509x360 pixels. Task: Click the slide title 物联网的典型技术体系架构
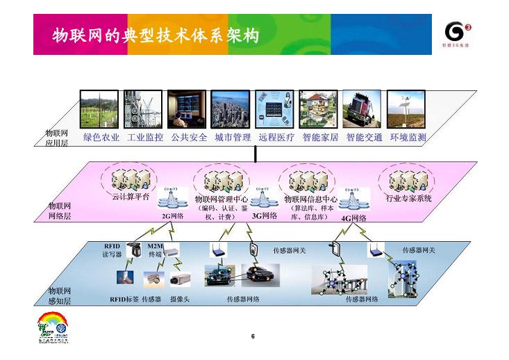pos(156,35)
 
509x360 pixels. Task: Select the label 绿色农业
pos(101,138)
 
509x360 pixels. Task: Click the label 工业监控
pos(145,138)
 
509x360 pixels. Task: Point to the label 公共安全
pos(189,138)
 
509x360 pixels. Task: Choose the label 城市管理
pos(233,138)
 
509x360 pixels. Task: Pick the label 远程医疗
pos(276,138)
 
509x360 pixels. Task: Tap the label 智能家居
pos(320,138)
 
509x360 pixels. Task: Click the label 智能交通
pos(364,138)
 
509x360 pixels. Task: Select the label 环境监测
pos(408,138)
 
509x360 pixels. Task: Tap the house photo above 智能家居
pos(319,109)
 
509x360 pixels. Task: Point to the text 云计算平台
pos(131,197)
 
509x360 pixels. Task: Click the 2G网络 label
pos(172,216)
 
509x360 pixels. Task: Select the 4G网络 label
pos(353,218)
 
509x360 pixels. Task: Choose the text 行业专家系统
pos(409,199)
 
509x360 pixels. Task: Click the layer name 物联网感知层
pos(60,296)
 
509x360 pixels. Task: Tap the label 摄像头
pos(180,300)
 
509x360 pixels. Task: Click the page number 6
pos(253,337)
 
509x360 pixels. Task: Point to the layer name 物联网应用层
pos(56,138)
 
